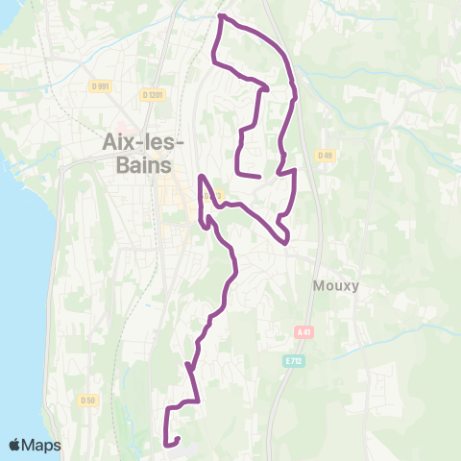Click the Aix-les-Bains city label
[136, 153]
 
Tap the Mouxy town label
[335, 284]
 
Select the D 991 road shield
[100, 85]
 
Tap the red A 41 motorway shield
[304, 331]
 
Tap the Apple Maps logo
[35, 445]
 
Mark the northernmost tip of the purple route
[221, 16]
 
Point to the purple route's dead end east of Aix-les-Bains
[260, 177]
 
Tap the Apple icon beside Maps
[14, 445]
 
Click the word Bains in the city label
[136, 165]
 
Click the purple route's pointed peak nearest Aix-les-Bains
[202, 177]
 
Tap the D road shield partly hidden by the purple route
[214, 197]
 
